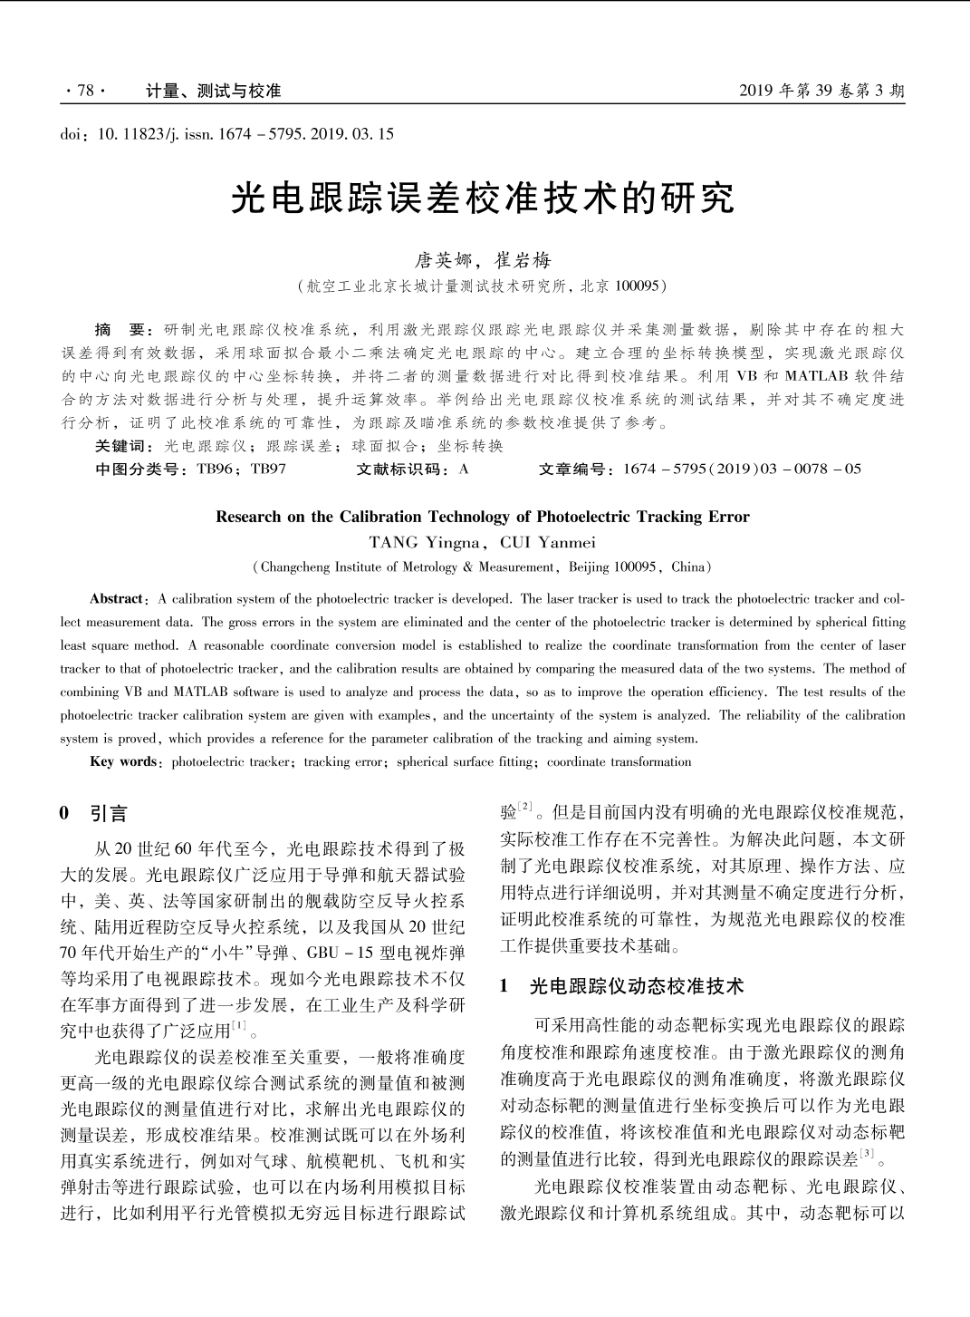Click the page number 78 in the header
pyautogui.click(x=85, y=91)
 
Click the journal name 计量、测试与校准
pyautogui.click(x=213, y=91)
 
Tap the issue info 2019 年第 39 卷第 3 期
pyautogui.click(x=821, y=91)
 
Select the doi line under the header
pyautogui.click(x=226, y=134)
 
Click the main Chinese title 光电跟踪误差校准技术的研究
pyautogui.click(x=484, y=199)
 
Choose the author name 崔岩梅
pyautogui.click(x=523, y=261)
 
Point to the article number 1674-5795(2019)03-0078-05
pyautogui.click(x=742, y=470)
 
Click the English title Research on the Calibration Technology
pyautogui.click(x=483, y=518)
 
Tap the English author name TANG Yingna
pyautogui.click(x=424, y=543)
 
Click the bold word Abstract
pyautogui.click(x=117, y=599)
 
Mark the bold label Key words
pyautogui.click(x=123, y=761)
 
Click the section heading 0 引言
pyautogui.click(x=94, y=813)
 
